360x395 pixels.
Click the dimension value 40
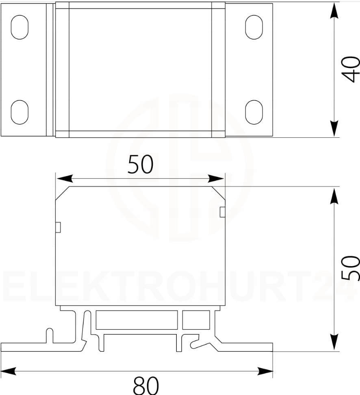(x=351, y=69)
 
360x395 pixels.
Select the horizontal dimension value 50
(x=140, y=164)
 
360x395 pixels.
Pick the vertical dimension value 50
(x=351, y=268)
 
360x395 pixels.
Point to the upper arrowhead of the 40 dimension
(x=334, y=11)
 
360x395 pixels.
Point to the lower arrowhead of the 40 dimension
(x=334, y=128)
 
